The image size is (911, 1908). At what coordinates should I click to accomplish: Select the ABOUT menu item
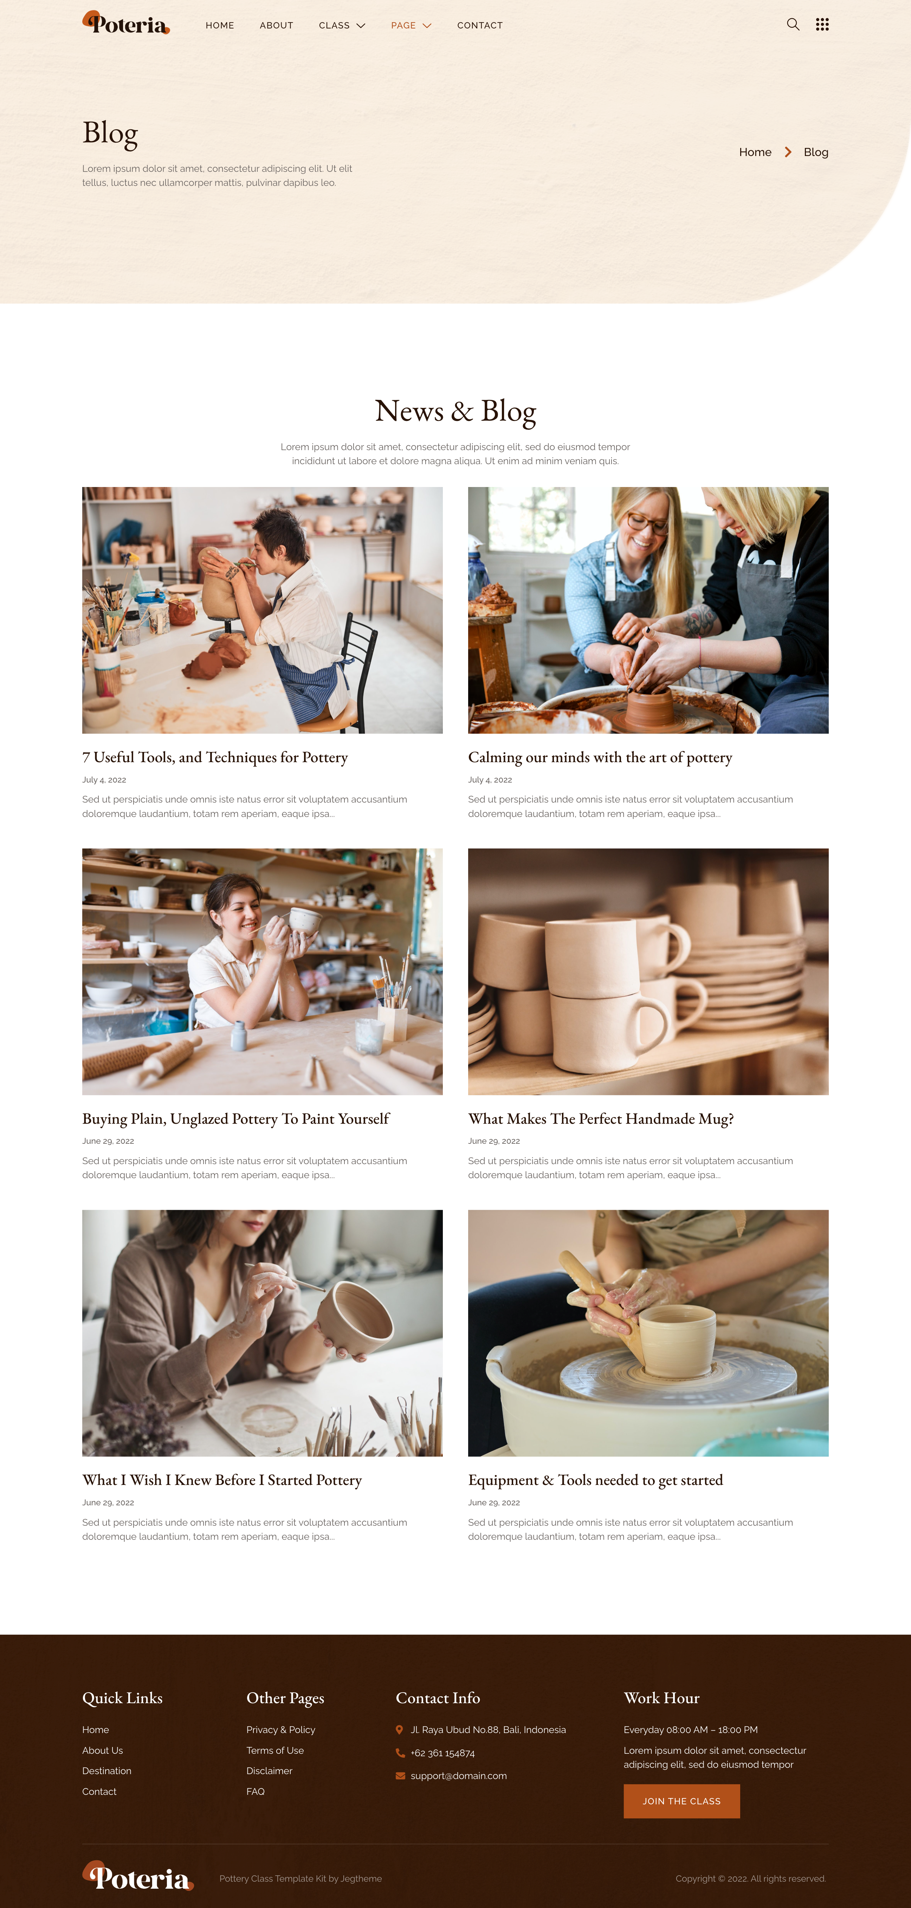(276, 25)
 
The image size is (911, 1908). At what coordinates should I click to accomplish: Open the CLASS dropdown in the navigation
(341, 25)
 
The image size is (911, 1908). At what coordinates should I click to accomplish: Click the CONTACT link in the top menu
(480, 25)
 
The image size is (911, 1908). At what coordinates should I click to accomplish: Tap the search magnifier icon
(793, 25)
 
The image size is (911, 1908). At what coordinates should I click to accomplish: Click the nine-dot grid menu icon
(822, 25)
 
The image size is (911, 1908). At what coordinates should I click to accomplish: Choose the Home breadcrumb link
(755, 152)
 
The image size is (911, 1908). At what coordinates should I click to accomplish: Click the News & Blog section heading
(455, 411)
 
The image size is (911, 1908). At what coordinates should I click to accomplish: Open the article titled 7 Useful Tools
(215, 757)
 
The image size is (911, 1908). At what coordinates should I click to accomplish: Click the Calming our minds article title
(600, 757)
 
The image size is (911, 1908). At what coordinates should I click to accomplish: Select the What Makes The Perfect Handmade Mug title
(601, 1118)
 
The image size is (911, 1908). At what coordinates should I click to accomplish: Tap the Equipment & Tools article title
(595, 1480)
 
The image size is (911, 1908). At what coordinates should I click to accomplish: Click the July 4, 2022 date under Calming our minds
(490, 780)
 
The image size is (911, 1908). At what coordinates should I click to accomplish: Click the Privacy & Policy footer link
(281, 1729)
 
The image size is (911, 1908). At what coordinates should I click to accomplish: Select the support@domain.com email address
(458, 1776)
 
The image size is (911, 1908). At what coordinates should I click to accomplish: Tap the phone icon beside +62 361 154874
(400, 1752)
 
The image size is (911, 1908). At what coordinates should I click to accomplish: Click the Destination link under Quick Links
(106, 1770)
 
